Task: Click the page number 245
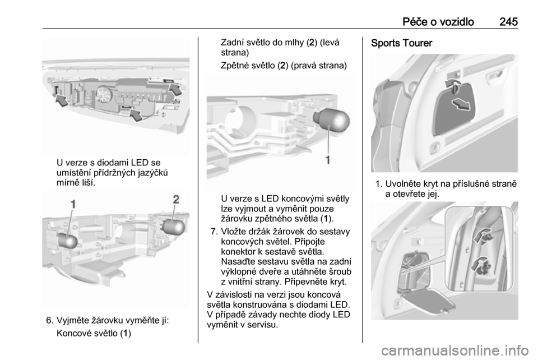click(x=508, y=22)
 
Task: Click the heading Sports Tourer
click(x=401, y=43)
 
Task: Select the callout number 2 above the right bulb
click(x=175, y=199)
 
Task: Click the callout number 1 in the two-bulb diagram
click(x=73, y=204)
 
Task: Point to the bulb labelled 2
click(x=173, y=227)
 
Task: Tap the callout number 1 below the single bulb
click(x=328, y=160)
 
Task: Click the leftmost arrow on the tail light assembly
click(x=62, y=101)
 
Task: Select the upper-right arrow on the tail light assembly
click(x=176, y=89)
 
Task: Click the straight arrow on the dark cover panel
click(x=461, y=104)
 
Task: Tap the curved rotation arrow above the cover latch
click(x=453, y=83)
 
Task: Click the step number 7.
click(x=214, y=232)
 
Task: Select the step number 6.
click(x=49, y=321)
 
